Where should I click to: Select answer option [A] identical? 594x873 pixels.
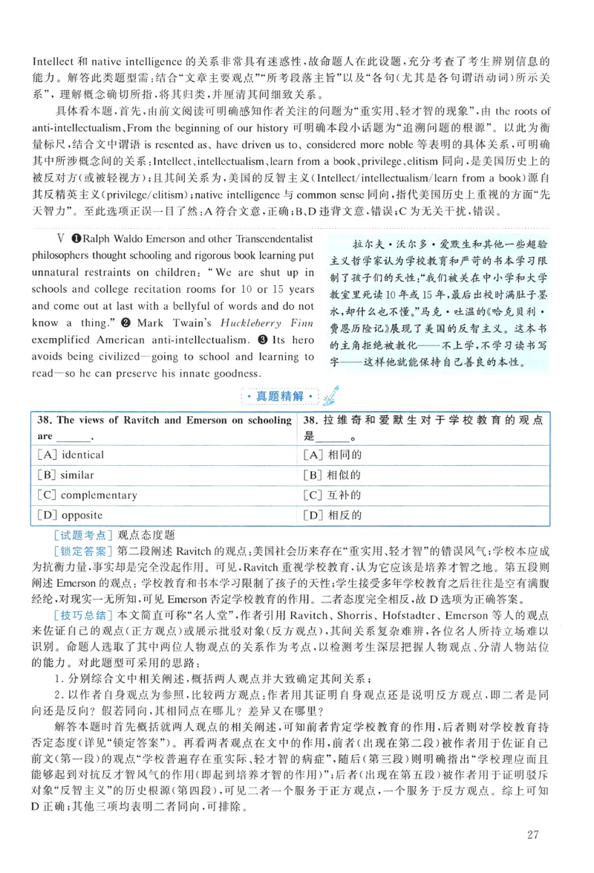coord(71,455)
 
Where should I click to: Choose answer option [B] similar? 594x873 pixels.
coord(66,475)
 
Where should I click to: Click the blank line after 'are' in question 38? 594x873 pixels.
coord(72,437)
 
